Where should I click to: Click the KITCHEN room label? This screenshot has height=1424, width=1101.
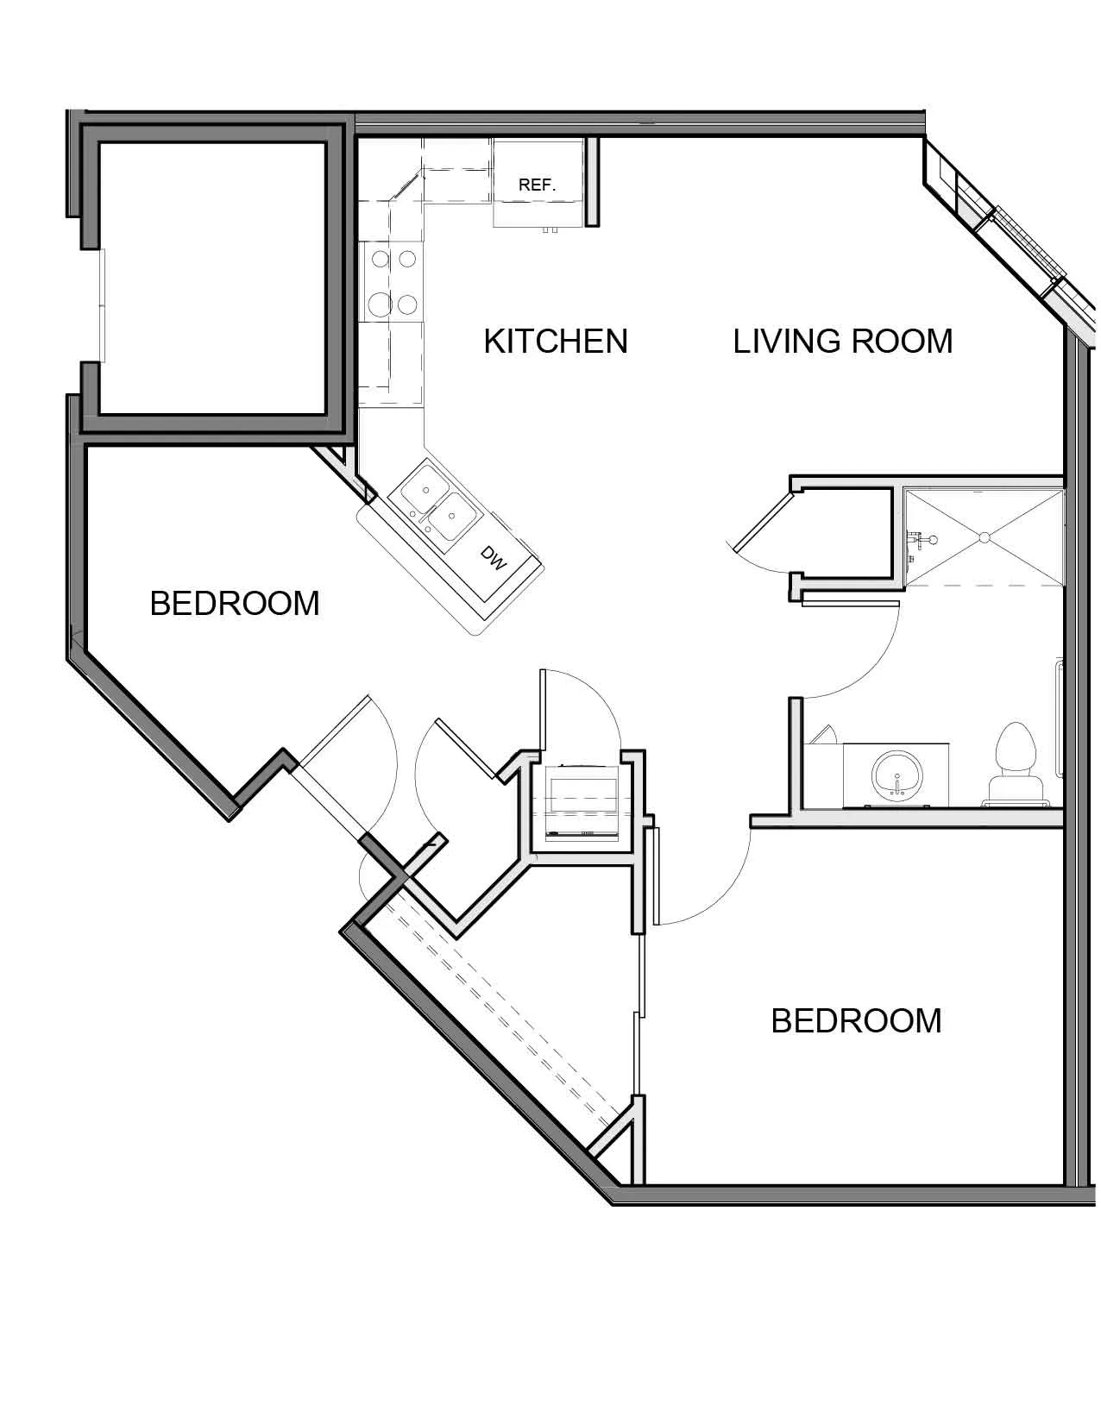pyautogui.click(x=556, y=342)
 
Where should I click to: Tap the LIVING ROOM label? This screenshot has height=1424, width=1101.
pyautogui.click(x=843, y=342)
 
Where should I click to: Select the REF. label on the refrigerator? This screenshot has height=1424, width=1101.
pyautogui.click(x=537, y=185)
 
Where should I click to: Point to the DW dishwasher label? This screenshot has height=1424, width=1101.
pyautogui.click(x=494, y=558)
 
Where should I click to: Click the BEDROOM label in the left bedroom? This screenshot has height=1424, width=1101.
pyautogui.click(x=235, y=604)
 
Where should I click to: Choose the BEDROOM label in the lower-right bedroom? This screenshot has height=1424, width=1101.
pyautogui.click(x=856, y=1021)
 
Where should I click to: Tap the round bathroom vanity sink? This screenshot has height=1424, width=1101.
pyautogui.click(x=897, y=775)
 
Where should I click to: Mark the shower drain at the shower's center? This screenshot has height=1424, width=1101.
pyautogui.click(x=984, y=537)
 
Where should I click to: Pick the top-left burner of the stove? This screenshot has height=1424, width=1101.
pyautogui.click(x=381, y=259)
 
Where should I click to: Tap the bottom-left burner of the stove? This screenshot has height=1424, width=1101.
pyautogui.click(x=381, y=304)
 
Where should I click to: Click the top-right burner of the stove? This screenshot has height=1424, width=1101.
pyautogui.click(x=407, y=259)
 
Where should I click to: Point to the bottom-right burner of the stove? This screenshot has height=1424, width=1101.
pyautogui.click(x=407, y=304)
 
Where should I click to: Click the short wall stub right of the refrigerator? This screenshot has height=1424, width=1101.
pyautogui.click(x=592, y=181)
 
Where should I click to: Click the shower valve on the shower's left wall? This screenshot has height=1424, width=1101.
pyautogui.click(x=921, y=540)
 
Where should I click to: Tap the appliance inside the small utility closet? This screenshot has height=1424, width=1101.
pyautogui.click(x=582, y=801)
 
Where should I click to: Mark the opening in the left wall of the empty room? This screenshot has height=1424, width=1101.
pyautogui.click(x=102, y=305)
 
